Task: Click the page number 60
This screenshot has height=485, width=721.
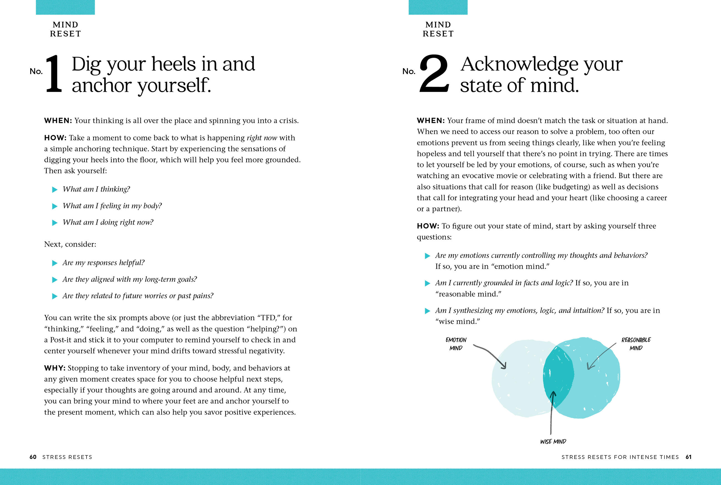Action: [x=33, y=457]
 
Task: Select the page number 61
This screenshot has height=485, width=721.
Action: [x=689, y=457]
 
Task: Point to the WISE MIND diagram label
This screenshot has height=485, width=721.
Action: [x=553, y=442]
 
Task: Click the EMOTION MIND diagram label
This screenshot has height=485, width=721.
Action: [x=456, y=344]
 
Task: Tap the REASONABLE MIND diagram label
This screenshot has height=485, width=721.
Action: [x=636, y=344]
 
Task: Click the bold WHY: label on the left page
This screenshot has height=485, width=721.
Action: [x=54, y=368]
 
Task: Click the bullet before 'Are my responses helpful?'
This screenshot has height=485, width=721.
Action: [x=55, y=263]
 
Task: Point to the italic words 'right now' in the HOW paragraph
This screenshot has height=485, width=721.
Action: [x=262, y=138]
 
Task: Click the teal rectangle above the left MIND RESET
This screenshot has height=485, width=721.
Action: [x=65, y=7]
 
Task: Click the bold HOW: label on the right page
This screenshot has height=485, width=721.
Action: [x=428, y=226]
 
